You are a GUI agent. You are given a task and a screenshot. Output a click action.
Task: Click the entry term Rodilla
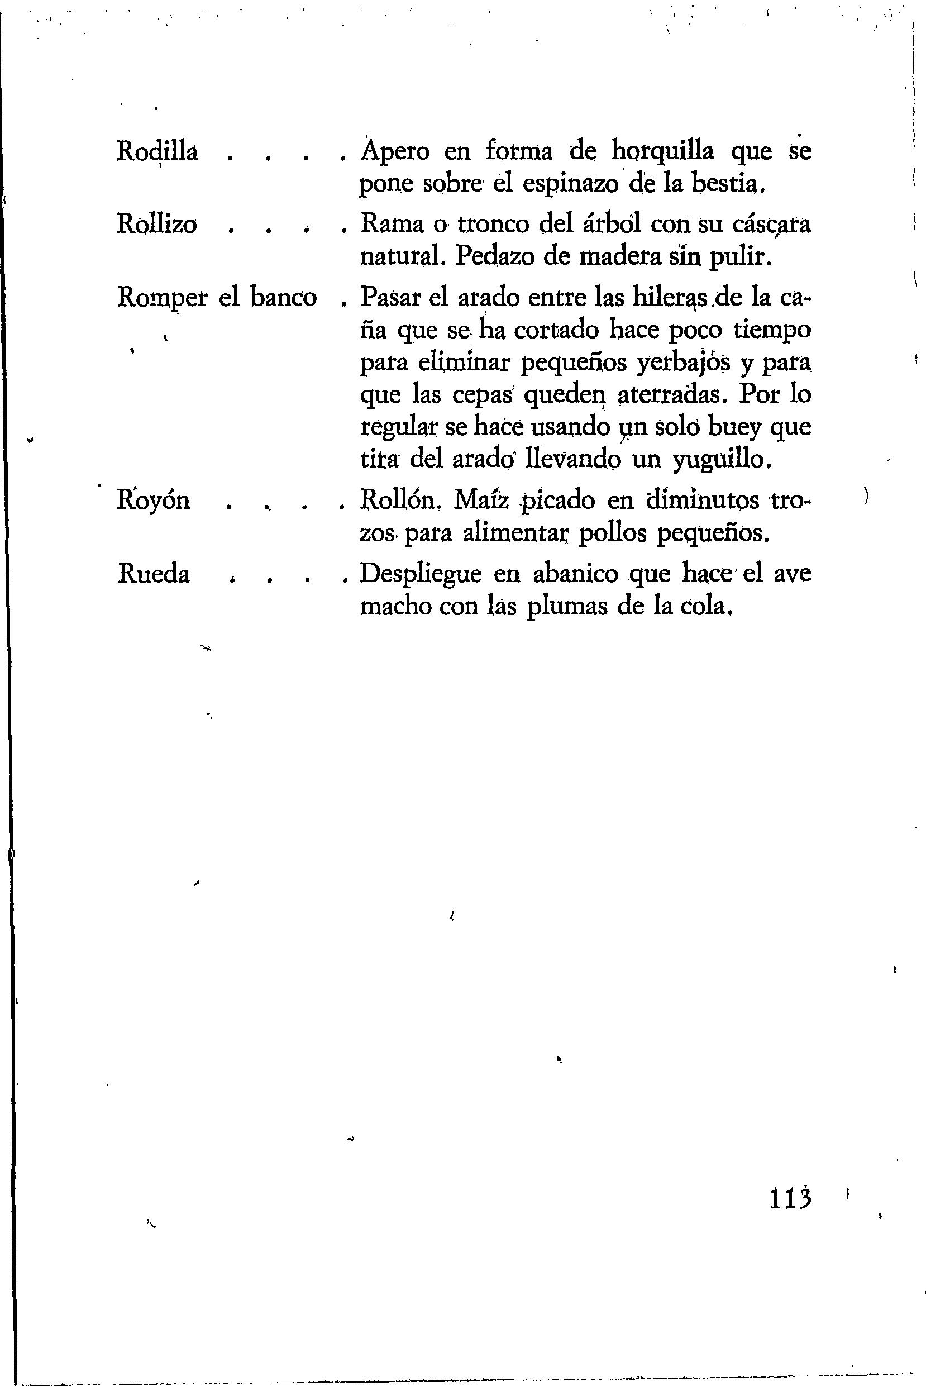pyautogui.click(x=156, y=152)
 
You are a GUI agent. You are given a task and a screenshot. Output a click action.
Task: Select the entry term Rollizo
pyautogui.click(x=156, y=225)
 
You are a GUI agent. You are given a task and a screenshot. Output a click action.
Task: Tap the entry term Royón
pyautogui.click(x=154, y=501)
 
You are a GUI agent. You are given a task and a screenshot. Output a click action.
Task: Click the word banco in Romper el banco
pyautogui.click(x=284, y=297)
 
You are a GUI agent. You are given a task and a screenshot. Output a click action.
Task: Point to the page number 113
pyautogui.click(x=791, y=1199)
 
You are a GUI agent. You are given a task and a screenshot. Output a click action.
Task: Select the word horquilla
pyautogui.click(x=662, y=152)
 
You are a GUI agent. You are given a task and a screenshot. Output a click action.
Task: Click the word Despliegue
pyautogui.click(x=421, y=574)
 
